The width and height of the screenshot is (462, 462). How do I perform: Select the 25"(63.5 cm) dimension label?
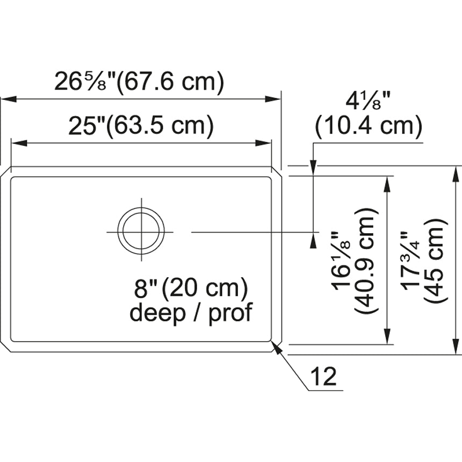[141, 126]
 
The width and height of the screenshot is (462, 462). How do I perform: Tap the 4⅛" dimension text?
[368, 101]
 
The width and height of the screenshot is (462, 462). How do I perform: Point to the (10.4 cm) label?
[369, 126]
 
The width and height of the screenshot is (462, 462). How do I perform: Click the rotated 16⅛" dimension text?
[341, 260]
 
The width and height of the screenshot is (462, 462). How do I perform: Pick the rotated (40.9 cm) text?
[366, 261]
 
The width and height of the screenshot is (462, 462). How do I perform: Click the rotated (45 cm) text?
[436, 261]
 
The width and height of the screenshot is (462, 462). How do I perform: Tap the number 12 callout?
[323, 376]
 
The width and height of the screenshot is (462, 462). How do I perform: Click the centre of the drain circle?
[141, 232]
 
